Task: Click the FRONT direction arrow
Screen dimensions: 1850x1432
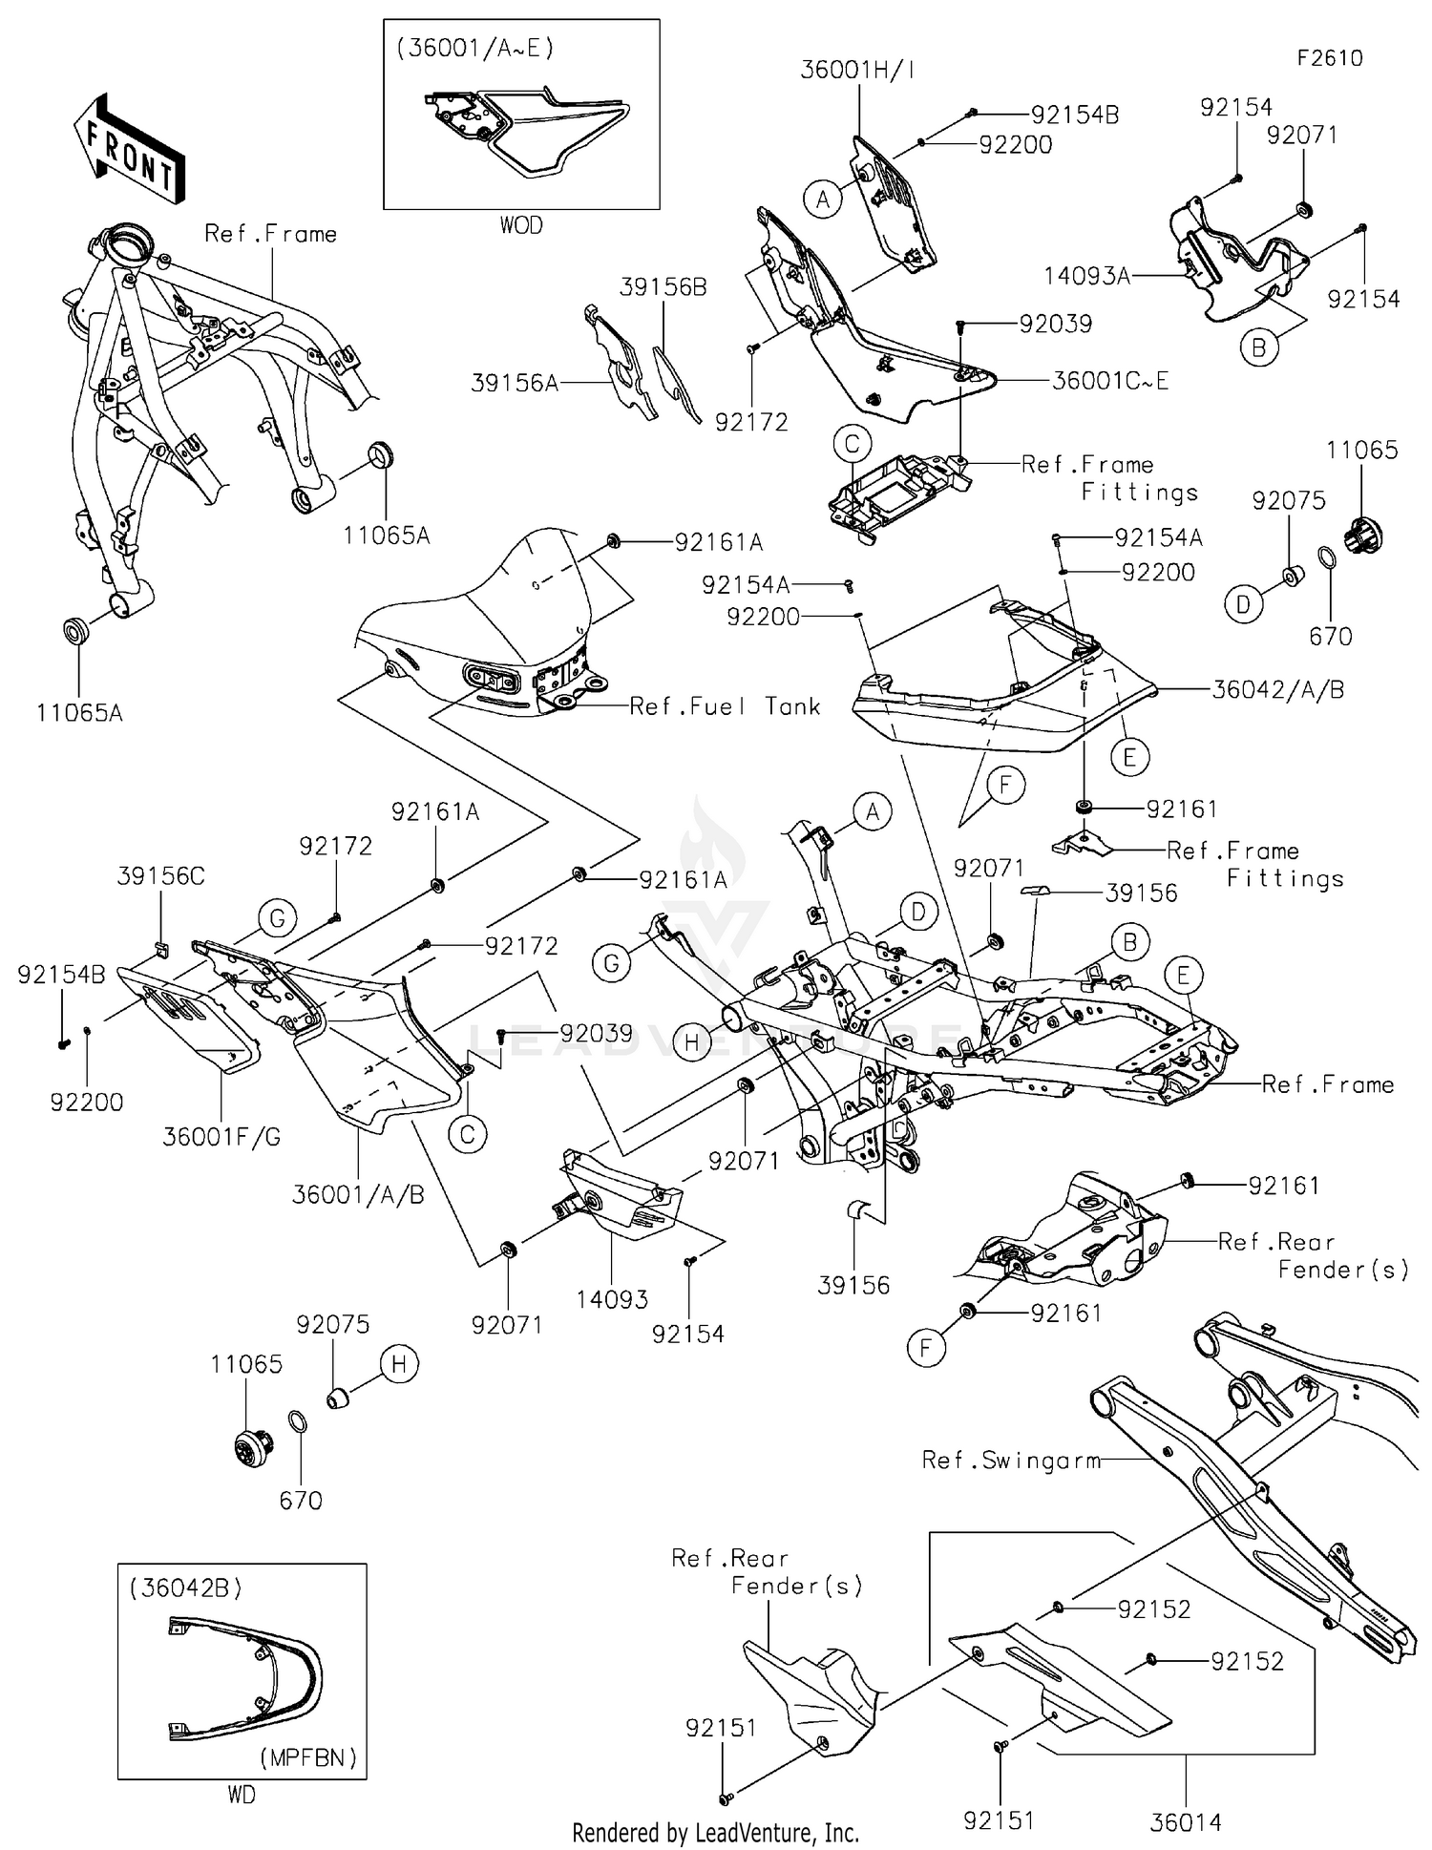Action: [129, 150]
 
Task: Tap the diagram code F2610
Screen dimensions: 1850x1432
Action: [1329, 58]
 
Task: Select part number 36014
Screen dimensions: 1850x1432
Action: [1185, 1822]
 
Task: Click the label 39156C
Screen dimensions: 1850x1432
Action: [160, 875]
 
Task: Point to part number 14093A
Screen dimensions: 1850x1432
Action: [1086, 276]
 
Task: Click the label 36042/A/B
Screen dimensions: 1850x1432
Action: [1277, 689]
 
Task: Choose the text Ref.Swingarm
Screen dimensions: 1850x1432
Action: [1011, 1460]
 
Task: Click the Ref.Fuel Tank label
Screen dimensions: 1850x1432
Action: [725, 706]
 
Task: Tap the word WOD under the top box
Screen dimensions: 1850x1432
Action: [521, 225]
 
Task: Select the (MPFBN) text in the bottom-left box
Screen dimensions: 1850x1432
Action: [307, 1757]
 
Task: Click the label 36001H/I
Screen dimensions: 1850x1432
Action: [856, 70]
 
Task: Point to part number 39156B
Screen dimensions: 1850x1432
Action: [663, 287]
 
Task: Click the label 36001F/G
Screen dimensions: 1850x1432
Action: [221, 1136]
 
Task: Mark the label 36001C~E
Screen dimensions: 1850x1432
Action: [1109, 381]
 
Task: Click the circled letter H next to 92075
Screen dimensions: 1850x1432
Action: [399, 1364]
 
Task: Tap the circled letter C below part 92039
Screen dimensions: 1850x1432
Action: [468, 1134]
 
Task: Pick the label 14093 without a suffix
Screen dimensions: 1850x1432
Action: [612, 1298]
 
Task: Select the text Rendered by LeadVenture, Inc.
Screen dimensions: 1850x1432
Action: [715, 1833]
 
